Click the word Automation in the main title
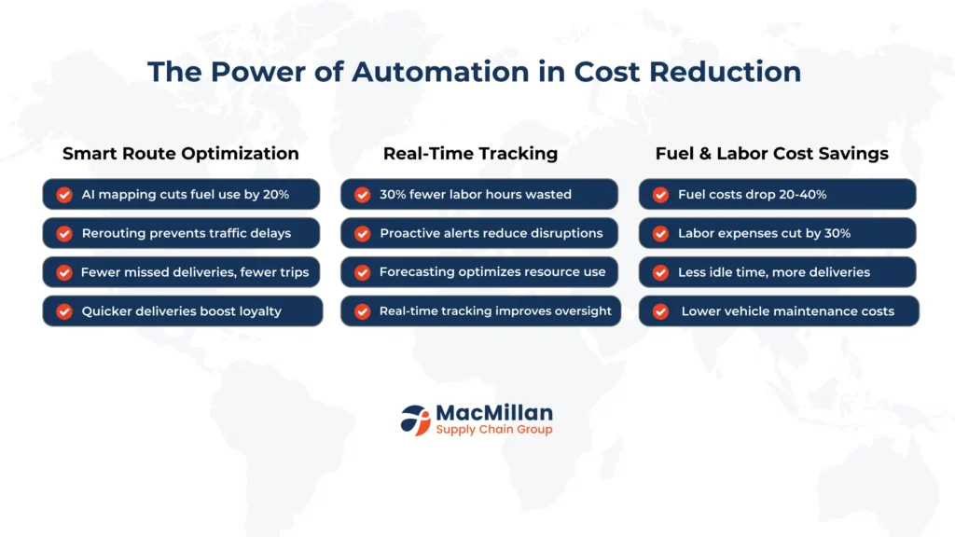click(x=440, y=72)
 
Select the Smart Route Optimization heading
click(x=181, y=154)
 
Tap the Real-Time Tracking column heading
click(x=470, y=154)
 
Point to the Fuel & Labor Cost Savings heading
click(x=771, y=154)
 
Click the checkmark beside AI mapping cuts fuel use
click(x=64, y=195)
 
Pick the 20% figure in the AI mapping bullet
click(x=276, y=195)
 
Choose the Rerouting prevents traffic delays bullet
click(x=181, y=233)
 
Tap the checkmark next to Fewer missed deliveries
click(x=64, y=273)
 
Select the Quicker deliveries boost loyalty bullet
click(x=182, y=311)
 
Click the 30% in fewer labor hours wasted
click(x=393, y=195)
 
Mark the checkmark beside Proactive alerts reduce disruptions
click(x=363, y=234)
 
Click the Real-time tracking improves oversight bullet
click(x=480, y=311)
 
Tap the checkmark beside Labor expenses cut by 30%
click(x=660, y=234)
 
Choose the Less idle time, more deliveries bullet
click(x=777, y=272)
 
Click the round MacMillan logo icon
click(x=415, y=420)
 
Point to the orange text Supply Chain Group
click(x=494, y=430)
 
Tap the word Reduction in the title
click(x=725, y=72)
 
